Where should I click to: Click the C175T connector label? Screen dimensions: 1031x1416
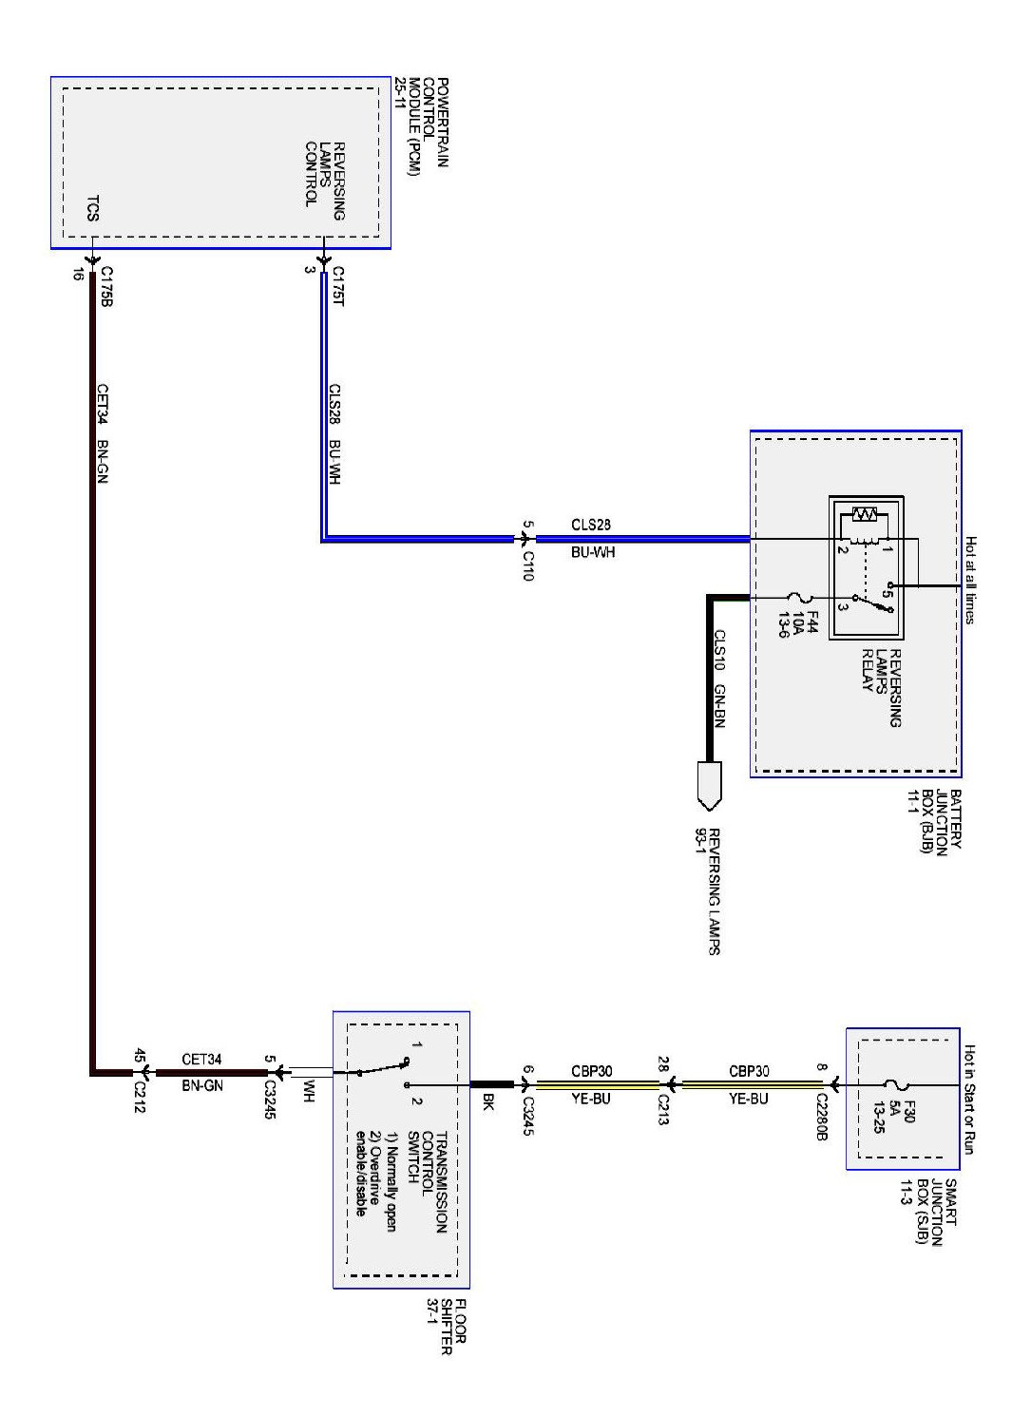(x=337, y=286)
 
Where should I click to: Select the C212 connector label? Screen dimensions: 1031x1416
(x=141, y=1094)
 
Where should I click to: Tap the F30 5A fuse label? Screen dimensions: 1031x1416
(x=894, y=1125)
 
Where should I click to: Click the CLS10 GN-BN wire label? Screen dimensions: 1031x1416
(x=719, y=679)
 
